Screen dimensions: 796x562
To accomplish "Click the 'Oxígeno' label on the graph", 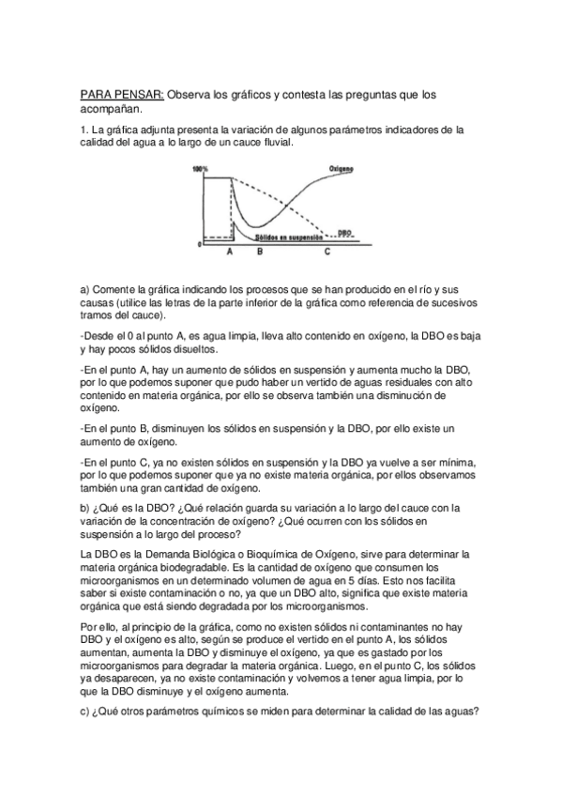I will [x=342, y=170].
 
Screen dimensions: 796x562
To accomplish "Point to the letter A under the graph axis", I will [x=231, y=253].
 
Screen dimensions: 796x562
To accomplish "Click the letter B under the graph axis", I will [x=260, y=253].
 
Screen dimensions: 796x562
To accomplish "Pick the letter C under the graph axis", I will [x=327, y=253].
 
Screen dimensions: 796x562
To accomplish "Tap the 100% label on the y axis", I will [x=199, y=169].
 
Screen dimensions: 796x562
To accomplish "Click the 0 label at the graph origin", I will [x=199, y=244].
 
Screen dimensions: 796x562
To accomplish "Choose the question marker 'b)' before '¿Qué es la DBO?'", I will [x=85, y=508].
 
